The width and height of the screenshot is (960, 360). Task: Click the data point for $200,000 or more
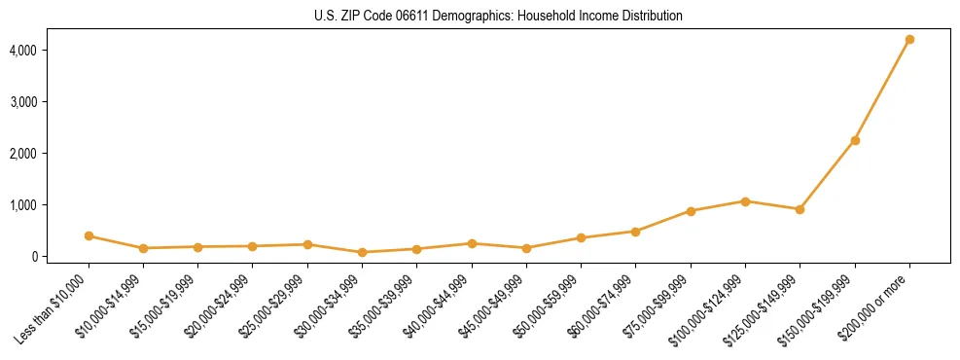pos(909,40)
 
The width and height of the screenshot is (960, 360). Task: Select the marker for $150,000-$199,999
pos(855,140)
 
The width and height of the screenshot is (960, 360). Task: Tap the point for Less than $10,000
pos(89,236)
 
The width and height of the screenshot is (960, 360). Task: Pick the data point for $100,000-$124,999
pos(745,201)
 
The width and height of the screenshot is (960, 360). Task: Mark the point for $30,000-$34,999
pos(362,252)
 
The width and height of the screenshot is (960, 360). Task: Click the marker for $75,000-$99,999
pos(691,211)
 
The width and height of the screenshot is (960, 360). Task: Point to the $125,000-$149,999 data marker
pos(800,209)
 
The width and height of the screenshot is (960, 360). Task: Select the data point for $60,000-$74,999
pos(635,232)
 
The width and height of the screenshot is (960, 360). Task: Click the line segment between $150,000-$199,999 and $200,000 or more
pos(882,90)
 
